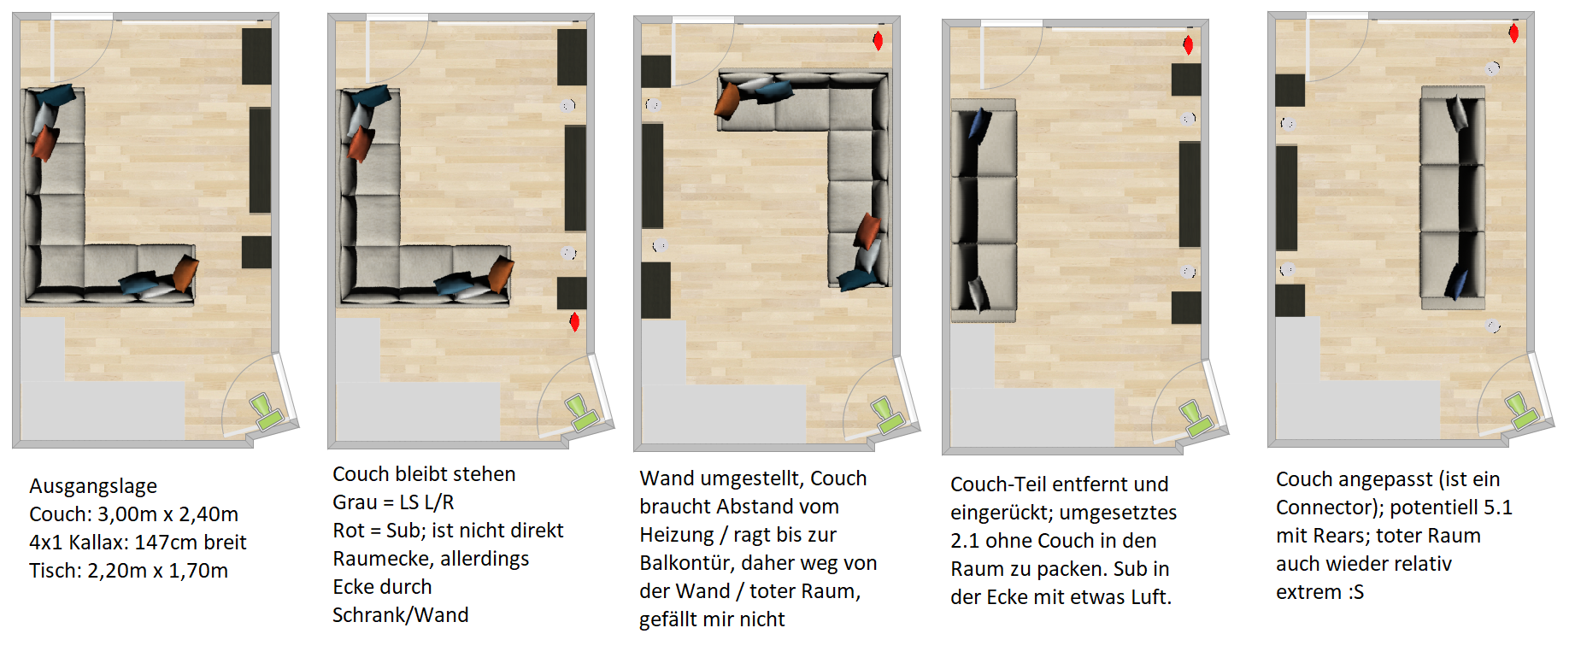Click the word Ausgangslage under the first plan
[x=93, y=486]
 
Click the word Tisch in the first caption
[x=56, y=571]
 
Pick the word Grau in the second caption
[x=356, y=502]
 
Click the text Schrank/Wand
[x=400, y=615]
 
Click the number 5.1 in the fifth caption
[x=1498, y=508]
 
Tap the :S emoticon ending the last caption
[x=1355, y=592]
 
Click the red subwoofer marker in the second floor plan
[x=574, y=322]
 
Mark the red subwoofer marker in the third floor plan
[x=878, y=40]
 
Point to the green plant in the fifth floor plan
[x=1521, y=410]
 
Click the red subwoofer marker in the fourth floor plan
[x=1188, y=45]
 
